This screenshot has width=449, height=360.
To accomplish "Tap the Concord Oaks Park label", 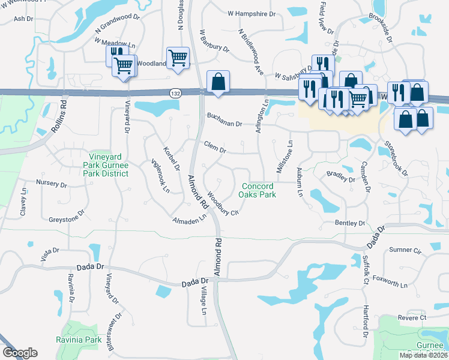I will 257,191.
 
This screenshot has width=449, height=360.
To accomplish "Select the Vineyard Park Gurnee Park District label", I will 106,165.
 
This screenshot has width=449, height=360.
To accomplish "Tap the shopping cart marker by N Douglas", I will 178,58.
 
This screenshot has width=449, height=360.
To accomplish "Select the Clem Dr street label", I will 214,146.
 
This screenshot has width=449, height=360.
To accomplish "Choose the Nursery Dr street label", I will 51,184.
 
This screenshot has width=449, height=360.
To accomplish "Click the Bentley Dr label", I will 349,223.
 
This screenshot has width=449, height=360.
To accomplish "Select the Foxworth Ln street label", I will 390,280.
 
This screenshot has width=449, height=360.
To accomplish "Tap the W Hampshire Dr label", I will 252,13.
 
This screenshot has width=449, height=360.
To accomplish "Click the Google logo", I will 20,353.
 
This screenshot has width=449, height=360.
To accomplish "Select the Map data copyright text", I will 423,355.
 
